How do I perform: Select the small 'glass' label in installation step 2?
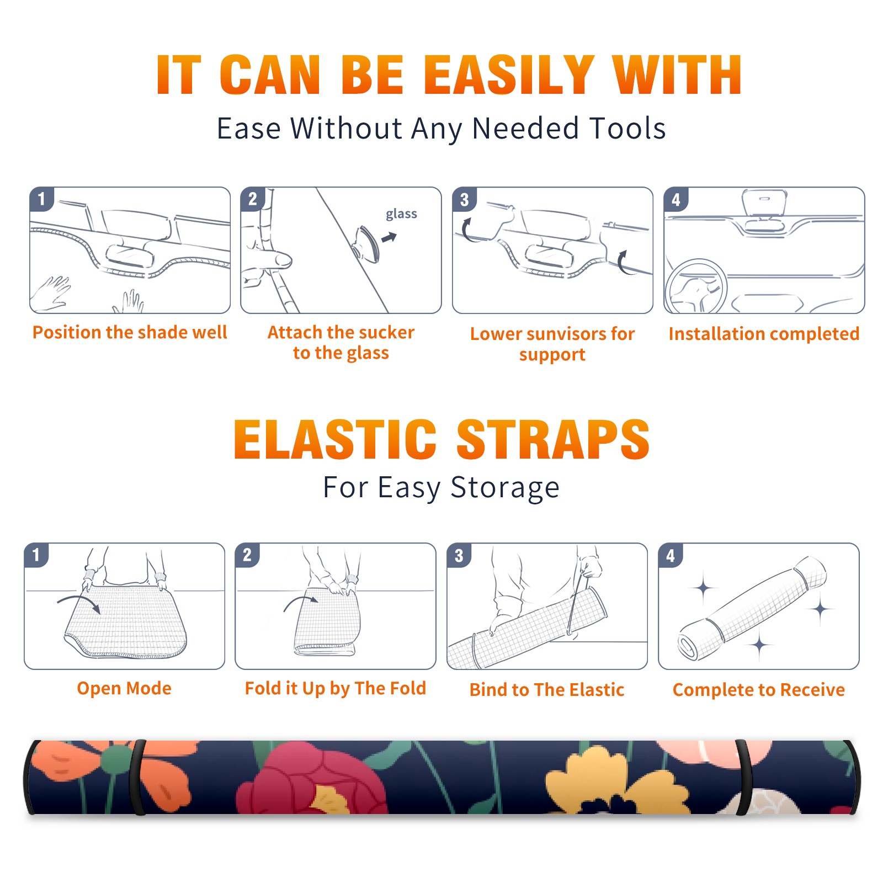coord(401,214)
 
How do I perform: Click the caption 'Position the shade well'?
coord(130,332)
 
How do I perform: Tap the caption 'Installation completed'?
coord(764,334)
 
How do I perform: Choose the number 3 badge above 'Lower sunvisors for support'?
coord(464,200)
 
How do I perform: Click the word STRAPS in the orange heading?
coord(553,439)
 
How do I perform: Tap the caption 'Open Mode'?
coord(124,689)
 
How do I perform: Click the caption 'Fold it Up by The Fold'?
coord(336,689)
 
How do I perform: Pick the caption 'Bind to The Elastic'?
coord(547,690)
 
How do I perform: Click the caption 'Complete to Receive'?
coord(759,690)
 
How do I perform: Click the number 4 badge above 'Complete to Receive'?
coord(671,555)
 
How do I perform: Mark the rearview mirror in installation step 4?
coord(764,203)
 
